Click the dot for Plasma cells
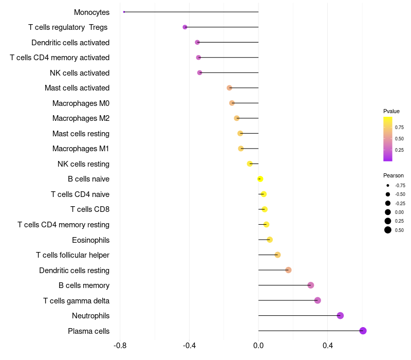tap(363, 331)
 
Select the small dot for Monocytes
tap(124, 12)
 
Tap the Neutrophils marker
tap(340, 316)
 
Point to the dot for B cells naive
tap(260, 179)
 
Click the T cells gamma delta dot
tap(317, 300)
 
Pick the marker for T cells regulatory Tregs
tap(185, 27)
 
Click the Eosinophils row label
tap(90, 240)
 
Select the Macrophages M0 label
tap(81, 103)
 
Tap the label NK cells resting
tap(83, 164)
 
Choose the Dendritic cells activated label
tap(70, 43)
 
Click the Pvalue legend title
tap(391, 111)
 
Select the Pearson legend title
tap(394, 175)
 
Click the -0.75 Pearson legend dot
tap(388, 185)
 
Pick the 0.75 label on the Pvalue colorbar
tap(399, 127)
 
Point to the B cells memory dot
tap(310, 285)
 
